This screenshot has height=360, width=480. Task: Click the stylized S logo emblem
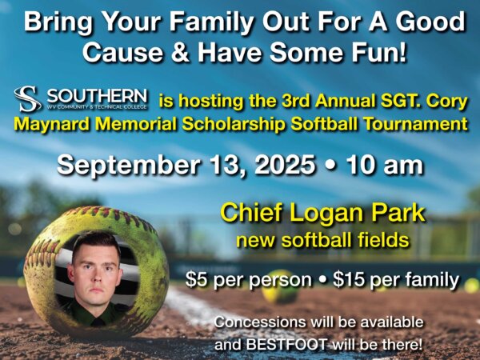click(x=27, y=98)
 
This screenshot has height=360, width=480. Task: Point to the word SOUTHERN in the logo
click(x=97, y=96)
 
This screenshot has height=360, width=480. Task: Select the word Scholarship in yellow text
click(x=233, y=125)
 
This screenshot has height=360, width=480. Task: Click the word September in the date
click(x=129, y=166)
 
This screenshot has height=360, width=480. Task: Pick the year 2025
click(x=285, y=166)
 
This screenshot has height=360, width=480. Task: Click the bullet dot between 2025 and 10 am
click(x=330, y=166)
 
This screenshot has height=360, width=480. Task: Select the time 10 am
click(x=385, y=166)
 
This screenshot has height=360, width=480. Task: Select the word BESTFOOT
click(x=287, y=345)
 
